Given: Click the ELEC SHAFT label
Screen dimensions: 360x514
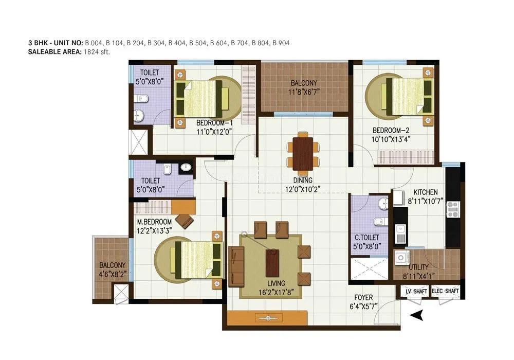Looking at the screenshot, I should [445, 292].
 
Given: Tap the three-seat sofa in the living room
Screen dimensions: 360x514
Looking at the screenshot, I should [236, 265].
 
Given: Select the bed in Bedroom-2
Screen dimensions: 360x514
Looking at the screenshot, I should [406, 96].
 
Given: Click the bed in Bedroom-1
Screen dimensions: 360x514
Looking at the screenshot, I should [202, 98].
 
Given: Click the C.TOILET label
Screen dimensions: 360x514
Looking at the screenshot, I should [367, 237].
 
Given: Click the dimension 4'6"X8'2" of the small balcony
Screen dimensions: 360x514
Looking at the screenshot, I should [112, 274].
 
